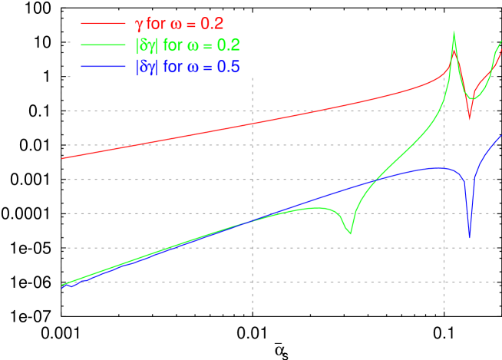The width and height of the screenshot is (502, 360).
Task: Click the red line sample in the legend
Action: [103, 24]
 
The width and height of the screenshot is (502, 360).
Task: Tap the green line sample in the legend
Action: [103, 45]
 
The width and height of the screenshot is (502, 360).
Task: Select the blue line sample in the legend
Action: [103, 67]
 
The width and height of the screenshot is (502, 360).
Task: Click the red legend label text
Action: [179, 24]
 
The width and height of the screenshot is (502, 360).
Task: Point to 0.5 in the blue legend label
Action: [229, 67]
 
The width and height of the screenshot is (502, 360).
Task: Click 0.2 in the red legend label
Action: [212, 24]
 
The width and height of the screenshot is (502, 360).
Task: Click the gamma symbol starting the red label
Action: [139, 25]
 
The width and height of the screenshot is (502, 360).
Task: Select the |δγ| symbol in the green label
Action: [146, 46]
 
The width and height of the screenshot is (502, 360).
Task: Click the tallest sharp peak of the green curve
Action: [454, 31]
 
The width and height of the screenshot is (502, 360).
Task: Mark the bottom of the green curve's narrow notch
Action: [351, 233]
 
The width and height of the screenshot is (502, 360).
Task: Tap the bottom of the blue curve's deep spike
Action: [469, 238]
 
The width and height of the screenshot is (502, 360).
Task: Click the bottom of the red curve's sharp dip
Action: [470, 119]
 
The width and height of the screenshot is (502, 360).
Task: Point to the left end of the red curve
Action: [62, 158]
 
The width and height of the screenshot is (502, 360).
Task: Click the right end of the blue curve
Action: [501, 136]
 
